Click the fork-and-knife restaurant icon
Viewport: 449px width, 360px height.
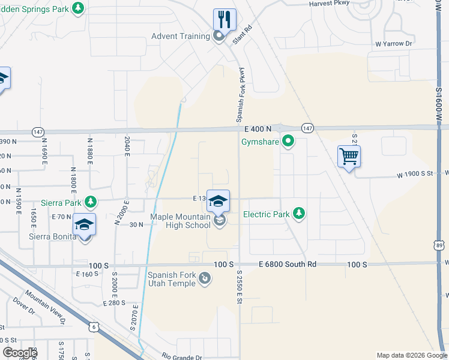coord(224,19)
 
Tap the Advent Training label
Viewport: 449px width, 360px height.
coord(181,36)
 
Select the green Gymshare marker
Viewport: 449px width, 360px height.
coord(289,142)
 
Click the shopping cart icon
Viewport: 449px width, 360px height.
coord(349,157)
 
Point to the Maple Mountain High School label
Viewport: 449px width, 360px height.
coord(182,221)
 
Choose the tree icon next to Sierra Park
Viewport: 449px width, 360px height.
coord(91,203)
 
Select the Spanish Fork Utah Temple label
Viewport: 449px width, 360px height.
coord(172,279)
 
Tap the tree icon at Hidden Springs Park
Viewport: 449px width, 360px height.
coord(77,8)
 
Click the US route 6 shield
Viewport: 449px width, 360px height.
coord(94,326)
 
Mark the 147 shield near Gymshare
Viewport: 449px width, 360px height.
coord(307,128)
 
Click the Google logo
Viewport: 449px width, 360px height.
coord(19,353)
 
